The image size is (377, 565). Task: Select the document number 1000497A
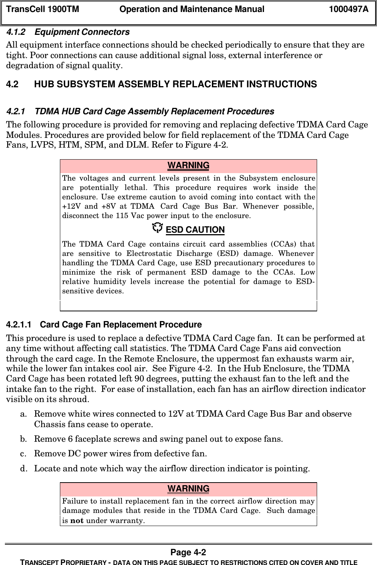[348, 9]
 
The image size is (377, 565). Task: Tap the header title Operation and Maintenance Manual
[191, 9]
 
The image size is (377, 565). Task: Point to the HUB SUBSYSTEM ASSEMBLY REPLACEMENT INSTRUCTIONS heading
[175, 84]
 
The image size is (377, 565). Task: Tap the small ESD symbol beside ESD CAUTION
[158, 227]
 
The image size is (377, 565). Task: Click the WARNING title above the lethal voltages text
[188, 166]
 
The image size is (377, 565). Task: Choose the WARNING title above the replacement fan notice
[188, 489]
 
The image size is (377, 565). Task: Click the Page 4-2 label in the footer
[188, 553]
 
